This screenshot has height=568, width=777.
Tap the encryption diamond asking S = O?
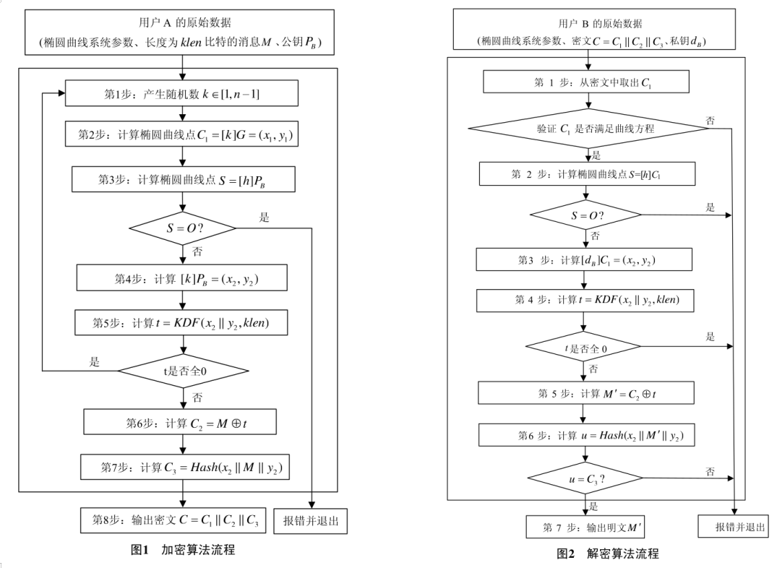tap(183, 228)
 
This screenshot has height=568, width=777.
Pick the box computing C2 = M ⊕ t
tap(180, 421)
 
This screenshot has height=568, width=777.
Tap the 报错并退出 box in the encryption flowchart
tap(311, 519)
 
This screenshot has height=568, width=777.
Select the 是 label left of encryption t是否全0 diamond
tap(95, 362)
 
